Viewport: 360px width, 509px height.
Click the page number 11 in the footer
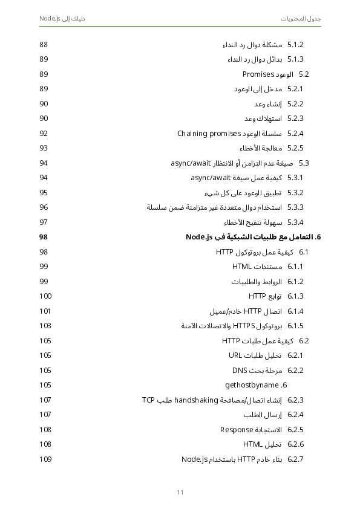tap(180, 492)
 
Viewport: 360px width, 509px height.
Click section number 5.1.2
tap(295, 45)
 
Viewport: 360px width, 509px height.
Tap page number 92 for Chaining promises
tap(44, 134)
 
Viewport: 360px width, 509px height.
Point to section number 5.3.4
tap(295, 222)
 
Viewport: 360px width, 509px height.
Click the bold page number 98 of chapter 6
tap(44, 237)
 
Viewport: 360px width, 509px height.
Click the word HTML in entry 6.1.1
tap(241, 267)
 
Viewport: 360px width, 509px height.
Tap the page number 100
tap(45, 296)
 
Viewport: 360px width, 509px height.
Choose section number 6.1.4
tap(295, 311)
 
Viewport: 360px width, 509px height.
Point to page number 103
tap(45, 326)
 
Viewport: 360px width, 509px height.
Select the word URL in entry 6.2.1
tap(235, 355)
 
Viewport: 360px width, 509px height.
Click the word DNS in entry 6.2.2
tap(239, 370)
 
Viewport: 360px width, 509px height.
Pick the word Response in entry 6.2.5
tap(236, 430)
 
